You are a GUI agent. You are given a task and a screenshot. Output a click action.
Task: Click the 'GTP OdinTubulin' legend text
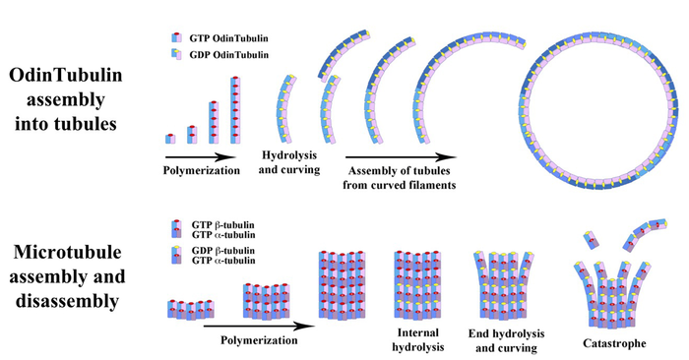[223, 35]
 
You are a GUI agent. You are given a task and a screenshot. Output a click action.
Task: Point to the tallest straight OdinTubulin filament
[235, 111]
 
